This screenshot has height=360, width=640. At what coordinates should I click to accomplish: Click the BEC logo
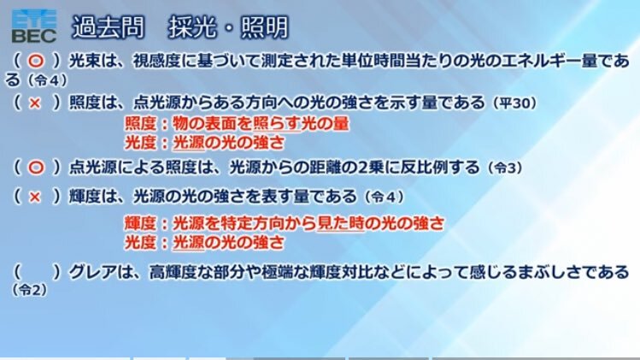(x=34, y=27)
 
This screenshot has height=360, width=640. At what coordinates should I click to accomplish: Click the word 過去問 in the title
(x=109, y=27)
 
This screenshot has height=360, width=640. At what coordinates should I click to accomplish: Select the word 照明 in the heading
(x=265, y=27)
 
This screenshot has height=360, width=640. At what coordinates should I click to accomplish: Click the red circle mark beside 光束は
(x=36, y=62)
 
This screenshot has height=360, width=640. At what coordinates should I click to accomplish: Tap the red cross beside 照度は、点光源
(x=35, y=103)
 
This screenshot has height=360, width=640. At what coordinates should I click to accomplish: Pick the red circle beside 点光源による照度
(x=36, y=168)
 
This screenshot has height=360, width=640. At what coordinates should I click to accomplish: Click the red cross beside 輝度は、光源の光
(x=35, y=198)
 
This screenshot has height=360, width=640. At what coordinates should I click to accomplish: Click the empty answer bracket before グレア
(x=37, y=272)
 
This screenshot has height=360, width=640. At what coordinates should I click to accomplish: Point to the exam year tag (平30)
(x=514, y=103)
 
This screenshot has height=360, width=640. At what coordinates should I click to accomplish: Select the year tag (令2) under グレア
(x=30, y=290)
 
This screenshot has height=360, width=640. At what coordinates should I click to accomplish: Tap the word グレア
(x=92, y=272)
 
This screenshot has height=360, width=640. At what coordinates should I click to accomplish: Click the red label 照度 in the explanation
(x=140, y=124)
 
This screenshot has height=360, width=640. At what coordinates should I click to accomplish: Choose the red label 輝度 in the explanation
(x=140, y=223)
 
